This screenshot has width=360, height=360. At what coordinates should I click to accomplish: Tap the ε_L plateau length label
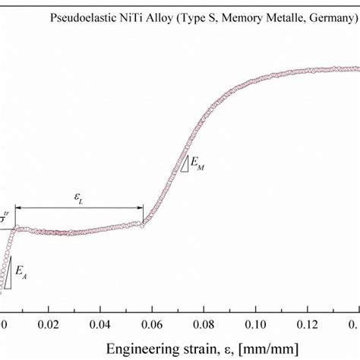80,197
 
